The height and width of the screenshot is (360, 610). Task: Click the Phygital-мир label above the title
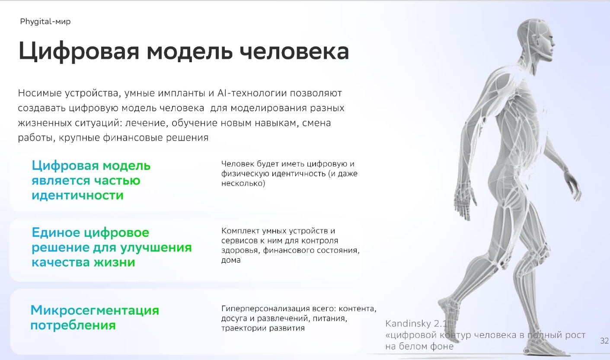coord(45,22)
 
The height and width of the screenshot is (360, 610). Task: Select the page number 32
coord(604,341)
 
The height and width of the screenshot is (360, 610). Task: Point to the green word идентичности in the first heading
coord(78,195)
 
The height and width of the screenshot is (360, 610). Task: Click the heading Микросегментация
coord(95,310)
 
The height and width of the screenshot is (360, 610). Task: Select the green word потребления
coord(73,325)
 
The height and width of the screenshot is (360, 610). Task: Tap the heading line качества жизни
coord(83,262)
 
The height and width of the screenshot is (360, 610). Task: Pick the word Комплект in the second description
coord(239,231)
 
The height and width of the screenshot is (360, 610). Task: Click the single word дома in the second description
coord(231,260)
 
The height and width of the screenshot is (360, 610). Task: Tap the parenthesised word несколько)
coord(243,183)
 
